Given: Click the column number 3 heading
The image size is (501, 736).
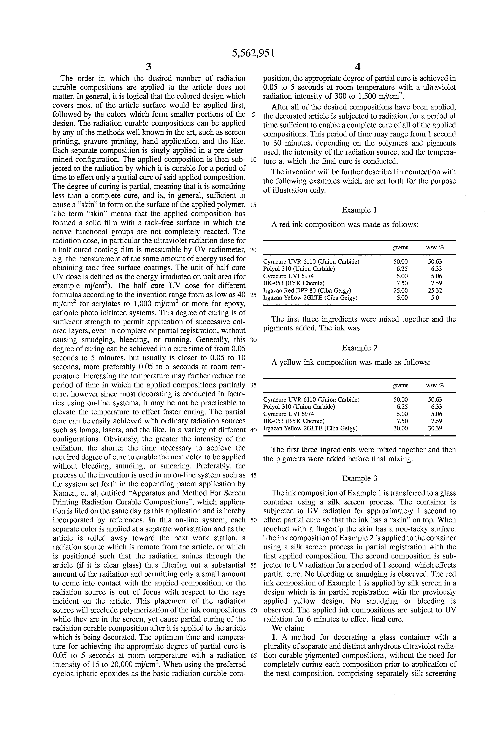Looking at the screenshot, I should pos(148,67).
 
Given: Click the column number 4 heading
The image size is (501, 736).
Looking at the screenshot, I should pos(358,67).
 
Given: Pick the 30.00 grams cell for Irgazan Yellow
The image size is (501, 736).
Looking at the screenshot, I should pos(400,428).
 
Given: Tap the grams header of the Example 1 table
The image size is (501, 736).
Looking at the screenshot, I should pos(400,247).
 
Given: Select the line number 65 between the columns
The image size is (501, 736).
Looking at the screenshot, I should pos(253,656).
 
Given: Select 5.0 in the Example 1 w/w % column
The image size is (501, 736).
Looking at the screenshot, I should pos(435,298).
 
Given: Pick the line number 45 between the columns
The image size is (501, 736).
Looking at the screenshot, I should pos(253,475).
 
